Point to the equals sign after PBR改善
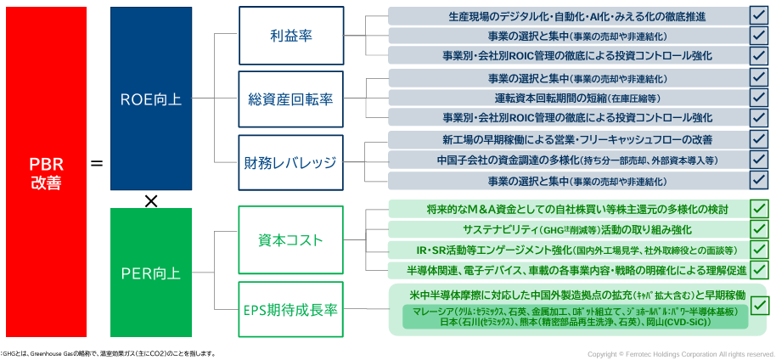[97, 160]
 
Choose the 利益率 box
[290, 37]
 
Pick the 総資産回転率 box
[290, 99]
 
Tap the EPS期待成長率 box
[290, 310]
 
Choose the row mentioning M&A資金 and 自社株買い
[567, 209]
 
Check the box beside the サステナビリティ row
[759, 229]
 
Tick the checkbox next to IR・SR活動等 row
[759, 250]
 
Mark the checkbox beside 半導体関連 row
[759, 270]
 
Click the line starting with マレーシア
[574, 312]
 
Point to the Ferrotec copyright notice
[681, 353]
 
